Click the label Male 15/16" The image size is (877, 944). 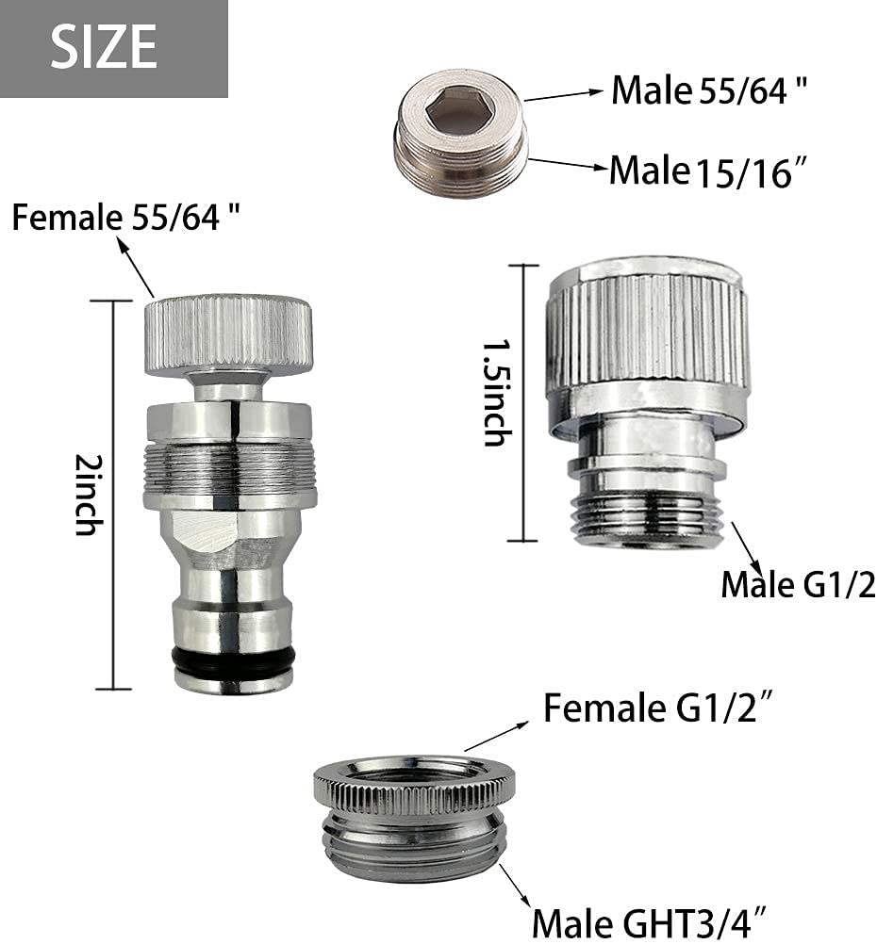[x=708, y=171]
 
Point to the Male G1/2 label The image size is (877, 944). [x=798, y=585]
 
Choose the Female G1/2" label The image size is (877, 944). [x=659, y=708]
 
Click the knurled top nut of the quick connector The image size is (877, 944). [x=228, y=335]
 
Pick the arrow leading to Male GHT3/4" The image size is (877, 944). [x=515, y=886]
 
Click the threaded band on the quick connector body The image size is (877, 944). [x=229, y=465]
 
